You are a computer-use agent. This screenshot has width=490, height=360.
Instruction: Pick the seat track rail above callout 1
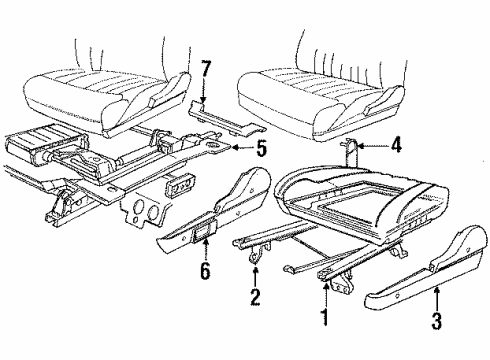[330, 270]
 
